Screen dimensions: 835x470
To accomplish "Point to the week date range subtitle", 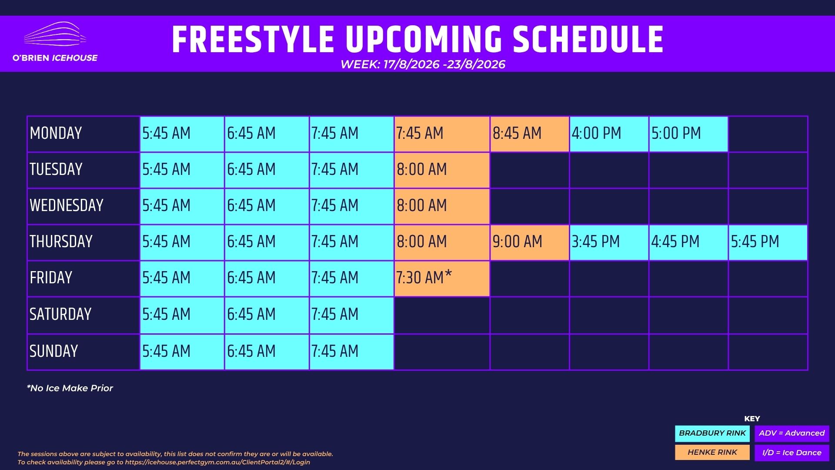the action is (x=423, y=64).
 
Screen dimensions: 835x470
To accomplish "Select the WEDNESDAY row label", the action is (x=67, y=205).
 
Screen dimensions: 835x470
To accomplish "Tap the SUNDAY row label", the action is (x=54, y=351).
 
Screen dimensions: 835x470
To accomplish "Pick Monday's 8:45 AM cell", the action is (x=530, y=134).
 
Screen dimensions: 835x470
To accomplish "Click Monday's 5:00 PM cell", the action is (x=688, y=134).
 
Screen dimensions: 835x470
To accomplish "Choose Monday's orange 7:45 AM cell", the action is (x=442, y=134).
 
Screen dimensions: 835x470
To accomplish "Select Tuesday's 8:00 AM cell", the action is (x=442, y=170).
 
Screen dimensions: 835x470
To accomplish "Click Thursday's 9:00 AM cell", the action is (x=530, y=242).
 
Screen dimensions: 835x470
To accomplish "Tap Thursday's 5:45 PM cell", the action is (x=768, y=242).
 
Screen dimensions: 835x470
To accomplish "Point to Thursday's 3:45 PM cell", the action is (x=609, y=242).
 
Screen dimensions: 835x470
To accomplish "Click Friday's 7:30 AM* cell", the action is (x=442, y=279).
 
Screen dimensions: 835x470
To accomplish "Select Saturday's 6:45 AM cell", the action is (x=267, y=315).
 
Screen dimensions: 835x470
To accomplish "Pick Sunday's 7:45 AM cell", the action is (x=351, y=352).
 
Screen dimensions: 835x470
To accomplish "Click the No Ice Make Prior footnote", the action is (x=70, y=388).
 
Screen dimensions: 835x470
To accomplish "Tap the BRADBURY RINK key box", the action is (x=712, y=433).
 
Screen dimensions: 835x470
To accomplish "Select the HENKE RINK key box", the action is (x=712, y=453).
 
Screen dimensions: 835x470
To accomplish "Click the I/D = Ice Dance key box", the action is (x=792, y=453).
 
